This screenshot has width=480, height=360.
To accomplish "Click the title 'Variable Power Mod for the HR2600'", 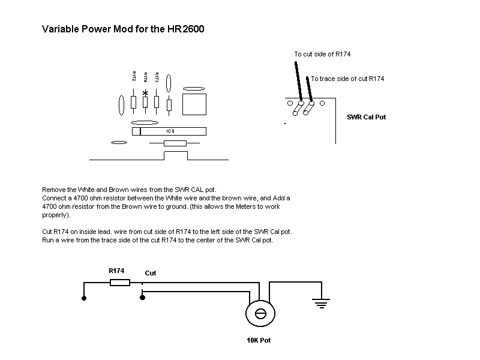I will pos(123,29).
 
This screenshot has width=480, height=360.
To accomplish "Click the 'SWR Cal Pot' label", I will pos(366,117).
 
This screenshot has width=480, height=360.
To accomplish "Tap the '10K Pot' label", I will pos(259,340).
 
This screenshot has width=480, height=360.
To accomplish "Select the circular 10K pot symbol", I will pos(261,314).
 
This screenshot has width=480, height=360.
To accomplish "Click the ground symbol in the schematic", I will pos(322,304).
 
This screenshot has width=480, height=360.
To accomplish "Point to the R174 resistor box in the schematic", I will pos(120,282).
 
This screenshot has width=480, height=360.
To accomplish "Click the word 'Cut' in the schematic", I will pos(151,273).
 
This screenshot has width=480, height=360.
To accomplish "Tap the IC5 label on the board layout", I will pos(170,131).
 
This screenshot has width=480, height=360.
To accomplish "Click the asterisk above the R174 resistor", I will pos(145,93).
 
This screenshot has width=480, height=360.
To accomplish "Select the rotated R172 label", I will pos(134,76).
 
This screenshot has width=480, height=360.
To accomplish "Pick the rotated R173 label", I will pos(157,77).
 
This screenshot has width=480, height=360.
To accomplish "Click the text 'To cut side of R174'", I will pos(322,55).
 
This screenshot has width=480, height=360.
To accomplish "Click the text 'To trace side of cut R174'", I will pos(347,79).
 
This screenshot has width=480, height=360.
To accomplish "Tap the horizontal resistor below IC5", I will pos(175,143).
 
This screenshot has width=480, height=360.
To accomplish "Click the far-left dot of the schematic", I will pos(83,297).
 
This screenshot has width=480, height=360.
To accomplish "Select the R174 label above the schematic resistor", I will pos(116,271).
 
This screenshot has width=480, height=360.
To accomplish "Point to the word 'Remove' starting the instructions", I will pos(53,190).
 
